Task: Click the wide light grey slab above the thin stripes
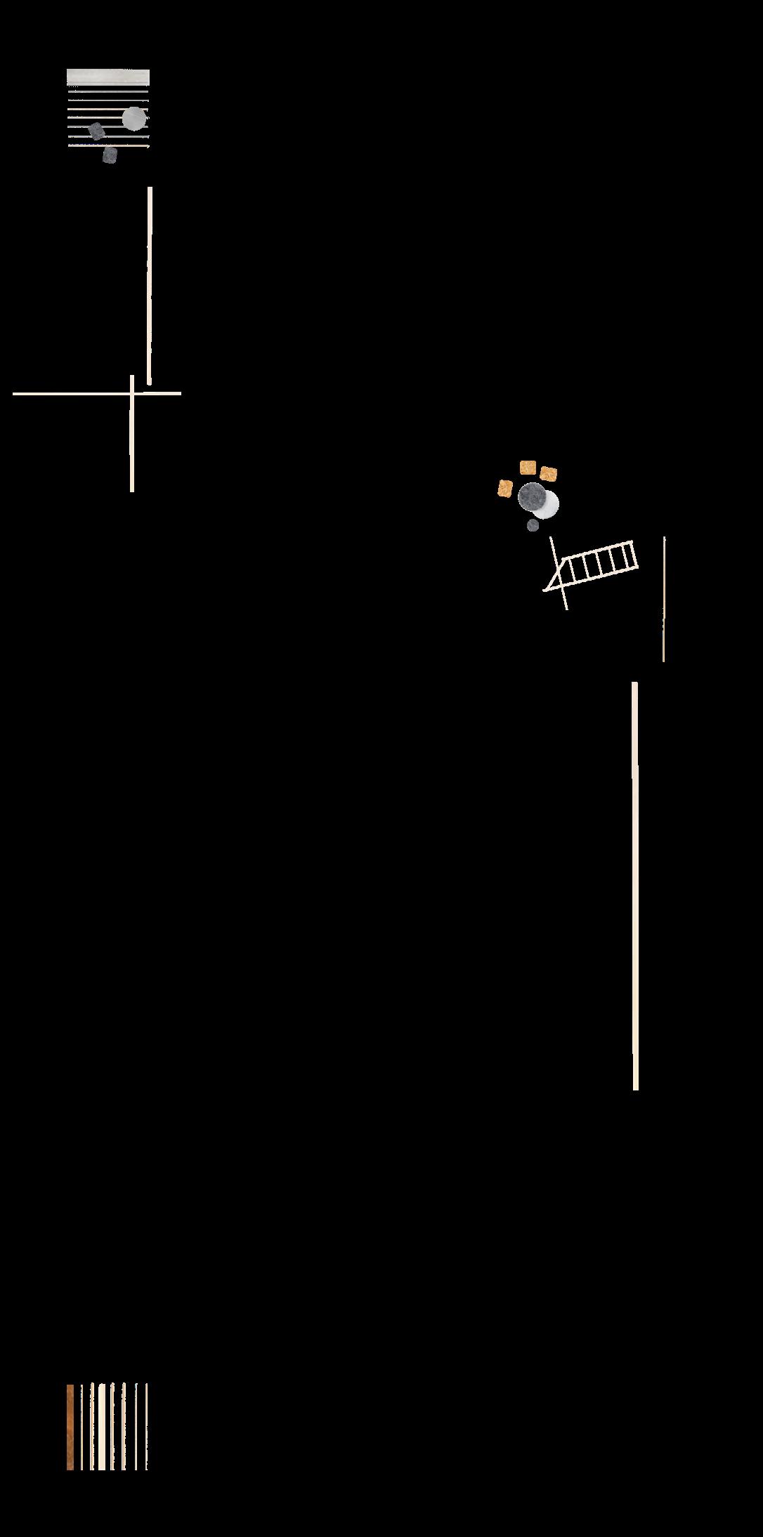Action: [107, 77]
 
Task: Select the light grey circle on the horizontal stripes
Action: [134, 119]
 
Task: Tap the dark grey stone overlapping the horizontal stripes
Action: [97, 131]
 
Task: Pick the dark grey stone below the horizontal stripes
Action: [110, 155]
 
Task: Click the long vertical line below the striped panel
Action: [149, 285]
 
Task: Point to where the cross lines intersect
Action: [132, 393]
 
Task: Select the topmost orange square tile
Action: [528, 468]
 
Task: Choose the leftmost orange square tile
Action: [505, 488]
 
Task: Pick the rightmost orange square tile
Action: [549, 474]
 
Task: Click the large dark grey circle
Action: [533, 498]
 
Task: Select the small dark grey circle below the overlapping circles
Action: [533, 525]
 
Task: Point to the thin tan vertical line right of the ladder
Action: [663, 599]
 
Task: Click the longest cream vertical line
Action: [635, 885]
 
